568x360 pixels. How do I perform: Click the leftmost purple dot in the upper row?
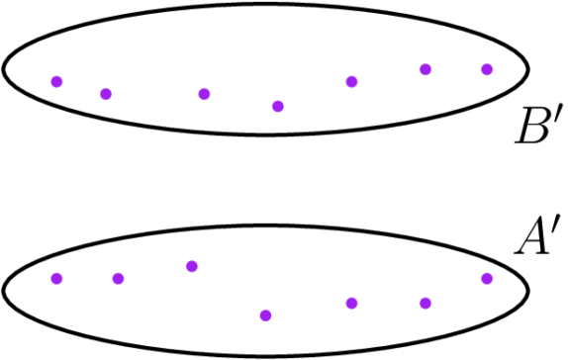[x=56, y=82]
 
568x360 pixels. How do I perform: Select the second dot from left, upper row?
[x=106, y=94]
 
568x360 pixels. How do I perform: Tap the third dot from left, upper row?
[x=204, y=94]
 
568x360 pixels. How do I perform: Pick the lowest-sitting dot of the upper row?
[x=278, y=107]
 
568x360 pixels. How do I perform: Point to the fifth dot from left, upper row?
[x=351, y=82]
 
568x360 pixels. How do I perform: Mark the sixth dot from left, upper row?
[x=426, y=69]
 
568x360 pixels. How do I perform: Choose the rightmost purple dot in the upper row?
[x=487, y=69]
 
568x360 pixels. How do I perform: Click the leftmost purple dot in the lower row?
[x=56, y=278]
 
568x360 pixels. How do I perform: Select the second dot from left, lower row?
[x=118, y=278]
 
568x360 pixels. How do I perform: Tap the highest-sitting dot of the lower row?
[x=192, y=266]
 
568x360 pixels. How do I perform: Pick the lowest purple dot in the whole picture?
[x=265, y=315]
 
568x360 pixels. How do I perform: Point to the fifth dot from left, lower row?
[x=351, y=303]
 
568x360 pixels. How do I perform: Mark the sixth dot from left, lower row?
[x=426, y=303]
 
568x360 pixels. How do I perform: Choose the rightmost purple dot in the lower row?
[x=487, y=278]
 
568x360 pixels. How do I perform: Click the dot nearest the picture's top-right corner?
[x=487, y=69]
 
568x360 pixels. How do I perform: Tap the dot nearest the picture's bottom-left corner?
[x=56, y=278]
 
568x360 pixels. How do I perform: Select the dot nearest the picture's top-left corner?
[x=56, y=82]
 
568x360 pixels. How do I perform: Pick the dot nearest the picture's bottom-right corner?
[x=487, y=278]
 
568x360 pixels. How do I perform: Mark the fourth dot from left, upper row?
[x=278, y=107]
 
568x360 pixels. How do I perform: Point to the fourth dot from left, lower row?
[x=265, y=315]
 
